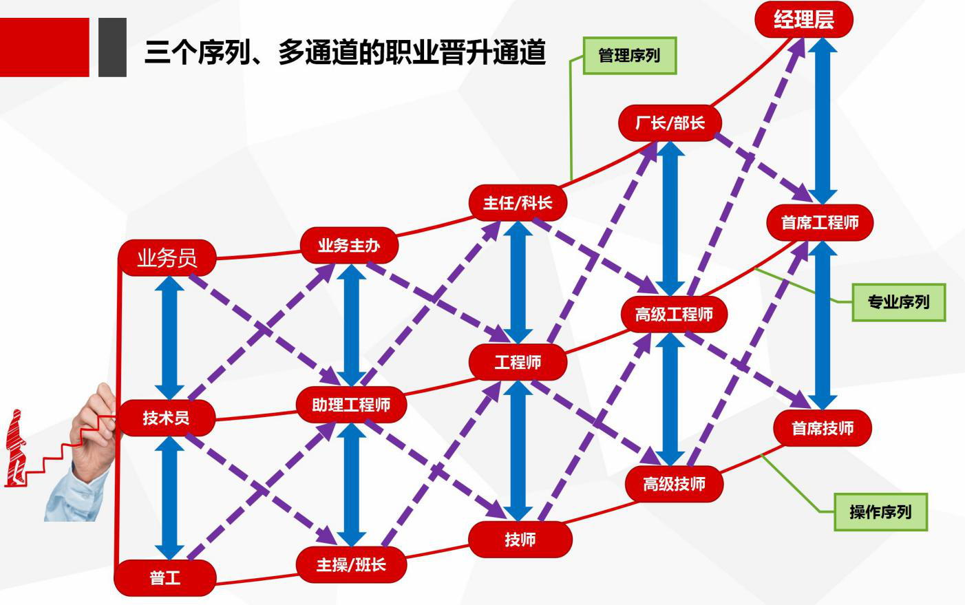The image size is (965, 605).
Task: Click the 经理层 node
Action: pos(803,19)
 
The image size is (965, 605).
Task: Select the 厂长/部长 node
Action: pos(670,123)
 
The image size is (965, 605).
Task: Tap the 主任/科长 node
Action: pos(518,203)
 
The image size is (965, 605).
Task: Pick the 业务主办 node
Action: pos(349,245)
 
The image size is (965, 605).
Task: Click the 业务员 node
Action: pos(167,258)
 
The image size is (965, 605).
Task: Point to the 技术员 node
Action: pos(166,417)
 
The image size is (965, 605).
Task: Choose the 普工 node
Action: pos(165,577)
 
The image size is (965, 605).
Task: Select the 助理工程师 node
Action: pos(351,404)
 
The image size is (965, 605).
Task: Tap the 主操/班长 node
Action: pos(351,564)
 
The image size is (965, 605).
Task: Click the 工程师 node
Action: pos(518,362)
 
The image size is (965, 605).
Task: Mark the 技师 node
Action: pos(520,539)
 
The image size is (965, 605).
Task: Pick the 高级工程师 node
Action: pos(674,315)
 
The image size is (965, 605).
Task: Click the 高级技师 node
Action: pos(675,484)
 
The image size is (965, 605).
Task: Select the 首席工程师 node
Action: pos(820,222)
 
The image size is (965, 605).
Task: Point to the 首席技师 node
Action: pos(823,428)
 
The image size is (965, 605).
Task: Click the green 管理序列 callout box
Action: pos(629,55)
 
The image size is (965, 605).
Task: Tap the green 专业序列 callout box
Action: pos(898,301)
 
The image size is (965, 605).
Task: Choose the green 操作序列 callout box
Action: pos(880,511)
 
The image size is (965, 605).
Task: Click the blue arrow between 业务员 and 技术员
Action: pos(169,337)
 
